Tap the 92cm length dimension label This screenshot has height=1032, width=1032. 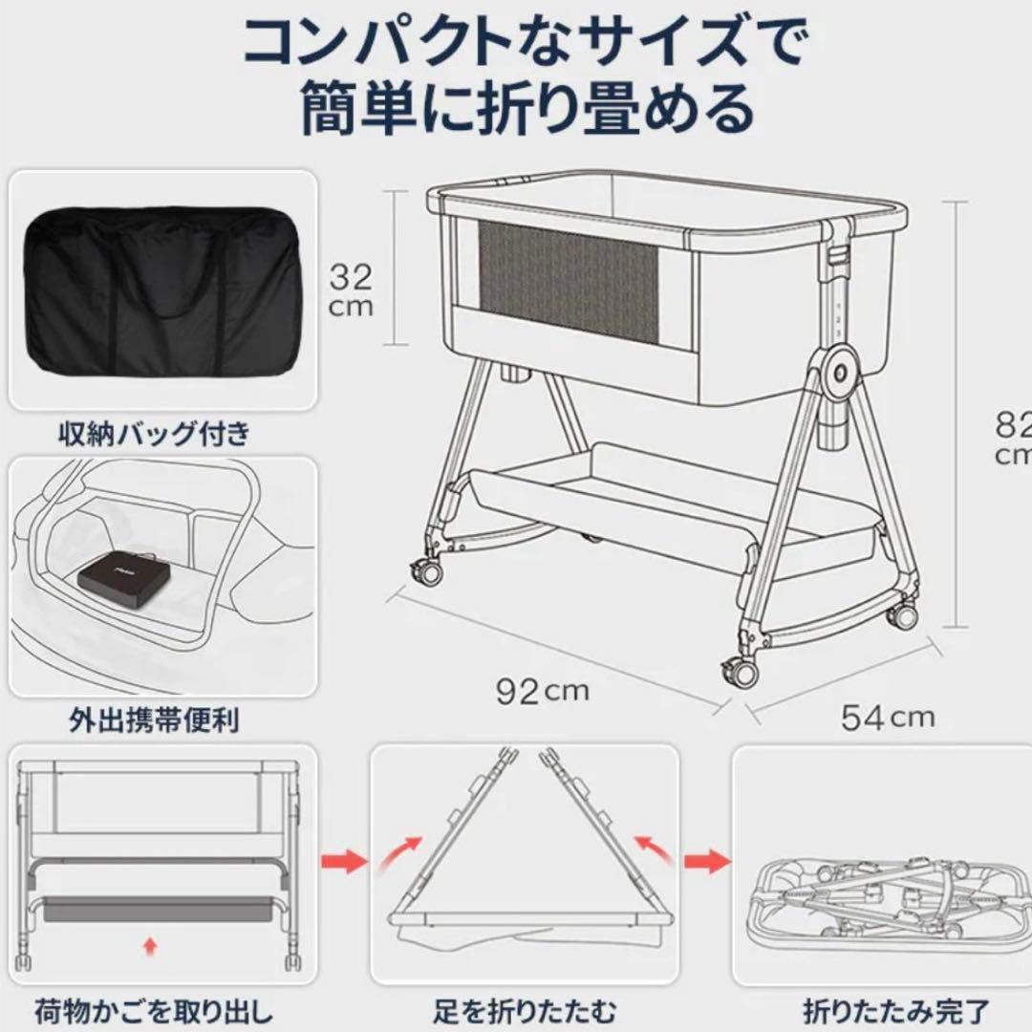tap(543, 690)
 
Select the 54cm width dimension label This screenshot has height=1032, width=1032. tap(888, 715)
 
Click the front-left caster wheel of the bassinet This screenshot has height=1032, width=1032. tap(426, 571)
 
